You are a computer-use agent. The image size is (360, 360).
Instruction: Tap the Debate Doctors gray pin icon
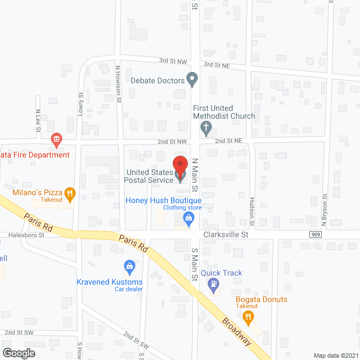pyautogui.click(x=192, y=80)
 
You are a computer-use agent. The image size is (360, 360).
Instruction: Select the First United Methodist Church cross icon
pyautogui.click(x=206, y=129)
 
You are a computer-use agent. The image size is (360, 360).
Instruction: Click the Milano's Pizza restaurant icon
pyautogui.click(x=70, y=195)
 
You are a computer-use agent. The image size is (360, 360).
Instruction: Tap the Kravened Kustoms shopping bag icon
pyautogui.click(x=129, y=265)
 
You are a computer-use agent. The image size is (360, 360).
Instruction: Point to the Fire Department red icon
pyautogui.click(x=56, y=139)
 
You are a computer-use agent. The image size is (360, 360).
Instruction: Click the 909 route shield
pyautogui.click(x=316, y=234)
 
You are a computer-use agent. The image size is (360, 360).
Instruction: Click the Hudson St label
pyautogui.click(x=253, y=211)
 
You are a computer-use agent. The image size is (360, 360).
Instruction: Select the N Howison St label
pyautogui.click(x=118, y=84)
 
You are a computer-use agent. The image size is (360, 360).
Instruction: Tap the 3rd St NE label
pyautogui.click(x=217, y=65)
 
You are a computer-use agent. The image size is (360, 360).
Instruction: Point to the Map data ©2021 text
pyautogui.click(x=335, y=355)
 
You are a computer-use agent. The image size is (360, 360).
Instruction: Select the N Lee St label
pyautogui.click(x=38, y=120)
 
